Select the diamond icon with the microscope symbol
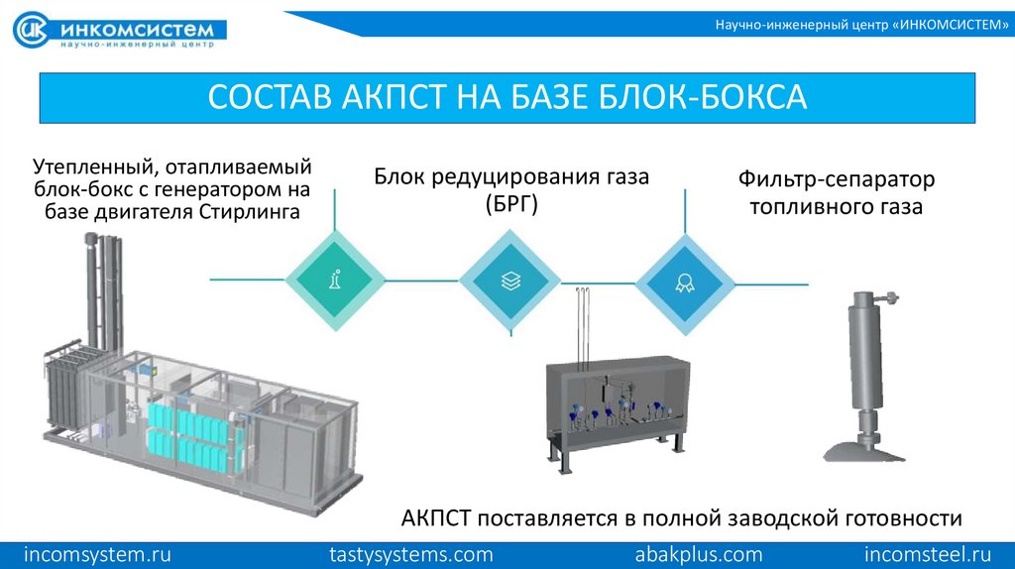point(335,281)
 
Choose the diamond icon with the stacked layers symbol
point(509,281)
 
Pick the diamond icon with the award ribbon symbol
point(685,281)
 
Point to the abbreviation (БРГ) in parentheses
point(510,205)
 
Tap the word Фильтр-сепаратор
point(836,180)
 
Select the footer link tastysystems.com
point(410,553)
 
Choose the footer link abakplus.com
point(698,553)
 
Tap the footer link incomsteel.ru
point(928,553)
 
